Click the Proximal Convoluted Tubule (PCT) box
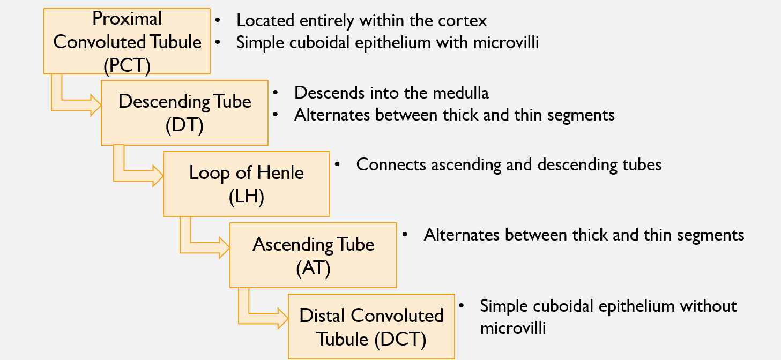click(x=127, y=41)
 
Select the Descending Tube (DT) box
click(x=184, y=112)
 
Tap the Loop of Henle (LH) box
click(x=246, y=184)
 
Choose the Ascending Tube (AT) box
click(x=313, y=255)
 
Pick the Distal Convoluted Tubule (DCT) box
click(x=371, y=326)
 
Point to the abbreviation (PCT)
click(x=127, y=65)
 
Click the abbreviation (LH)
click(x=246, y=197)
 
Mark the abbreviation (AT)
click(x=313, y=268)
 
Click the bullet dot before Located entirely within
click(x=218, y=21)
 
